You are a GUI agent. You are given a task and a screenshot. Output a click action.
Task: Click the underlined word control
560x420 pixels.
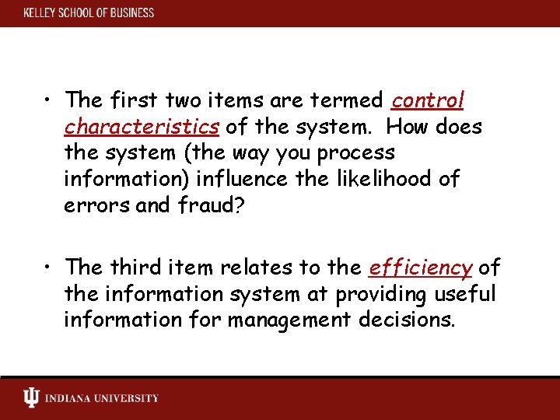[428, 100]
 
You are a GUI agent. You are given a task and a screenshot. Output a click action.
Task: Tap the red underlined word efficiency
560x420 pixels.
[420, 268]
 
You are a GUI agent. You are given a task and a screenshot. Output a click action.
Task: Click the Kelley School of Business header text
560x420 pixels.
[89, 13]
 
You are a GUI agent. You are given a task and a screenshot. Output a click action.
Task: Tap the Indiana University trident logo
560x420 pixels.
[31, 398]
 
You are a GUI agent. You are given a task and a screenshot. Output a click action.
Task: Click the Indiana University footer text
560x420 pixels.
[102, 399]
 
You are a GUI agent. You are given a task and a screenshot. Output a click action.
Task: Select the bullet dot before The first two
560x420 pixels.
[48, 101]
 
